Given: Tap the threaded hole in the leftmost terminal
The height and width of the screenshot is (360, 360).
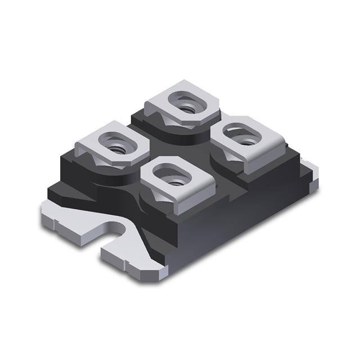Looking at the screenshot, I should click(x=116, y=148).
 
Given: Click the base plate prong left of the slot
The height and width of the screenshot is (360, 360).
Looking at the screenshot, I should click(x=73, y=225).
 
